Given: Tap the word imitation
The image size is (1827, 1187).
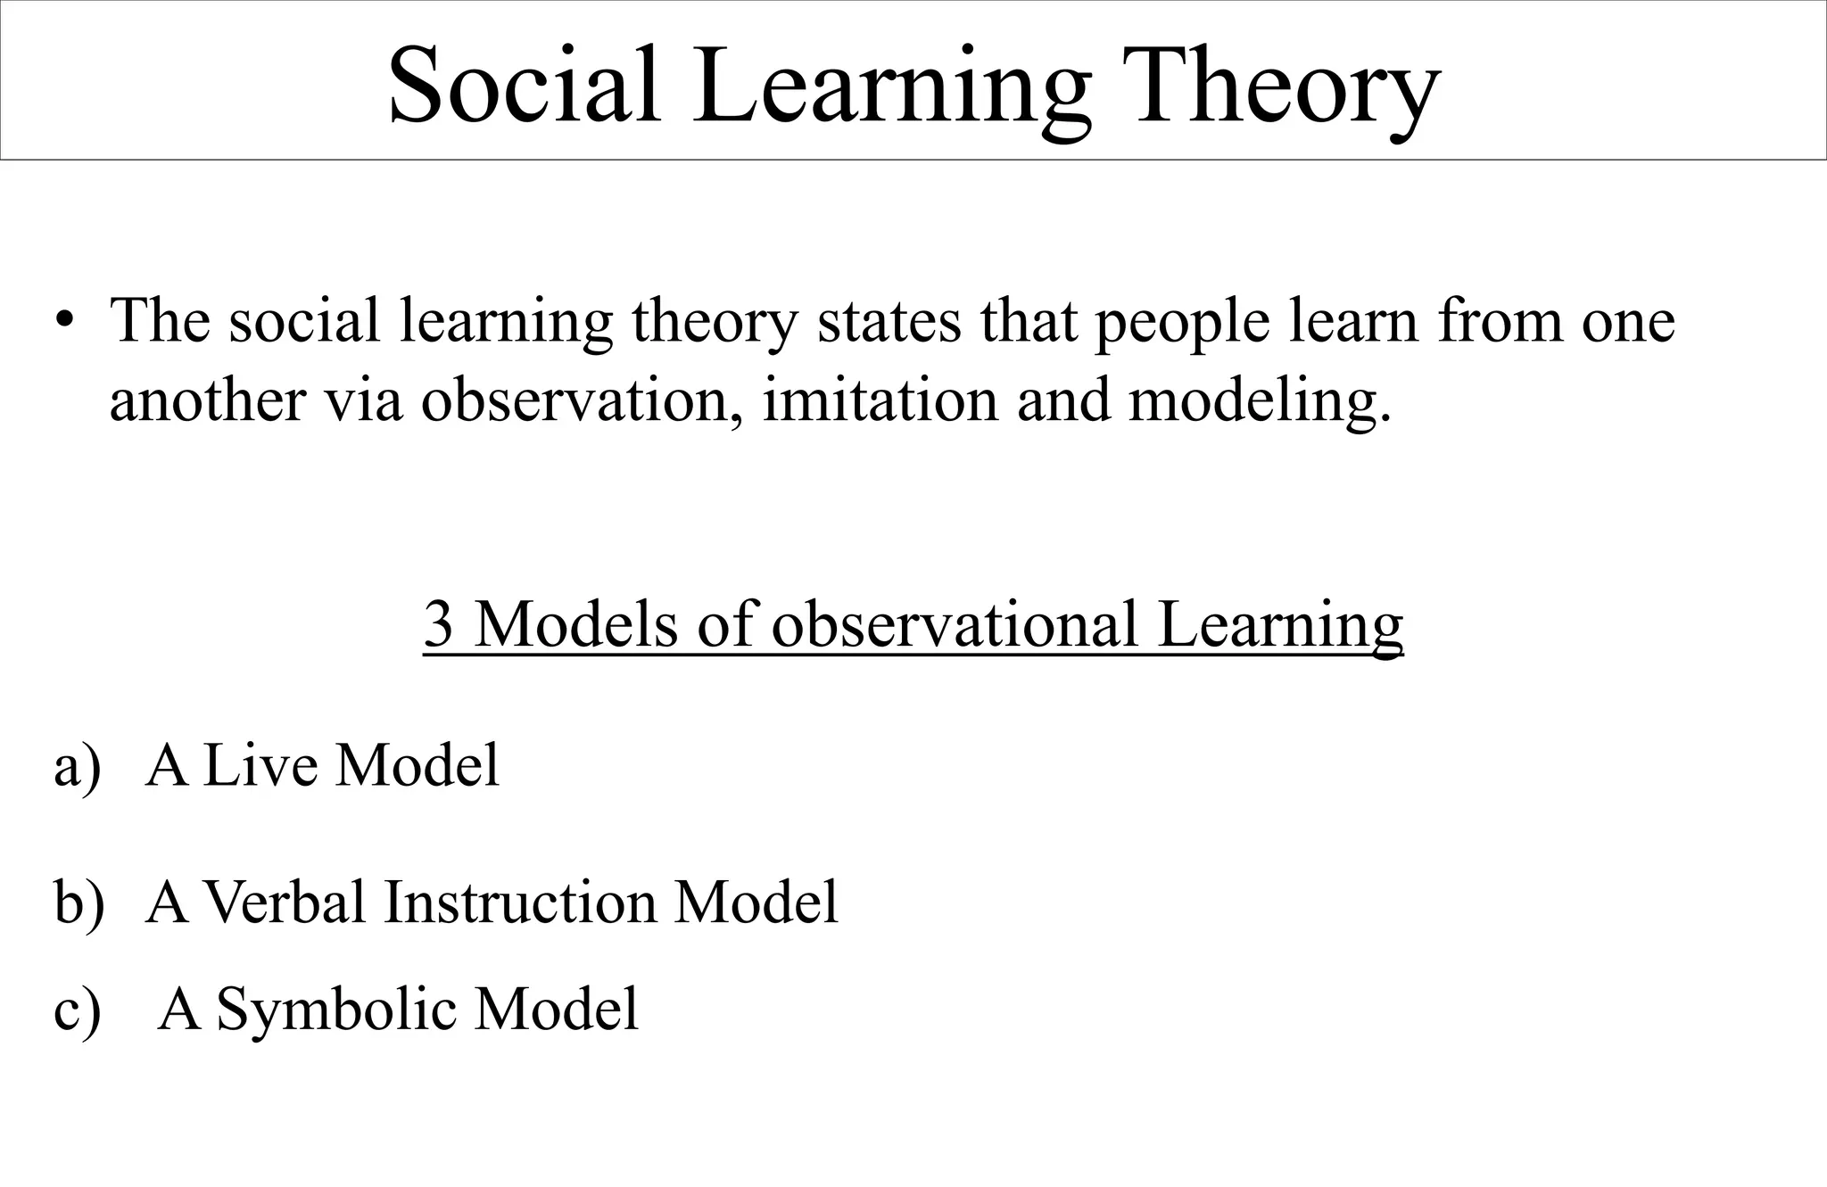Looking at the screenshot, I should click(879, 400).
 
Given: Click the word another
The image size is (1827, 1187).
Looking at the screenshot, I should click(207, 400).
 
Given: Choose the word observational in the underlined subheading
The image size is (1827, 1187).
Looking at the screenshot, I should click(955, 624).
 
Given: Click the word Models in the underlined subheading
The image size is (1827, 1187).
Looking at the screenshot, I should click(575, 624).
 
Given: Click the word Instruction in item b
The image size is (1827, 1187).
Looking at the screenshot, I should click(521, 902).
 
